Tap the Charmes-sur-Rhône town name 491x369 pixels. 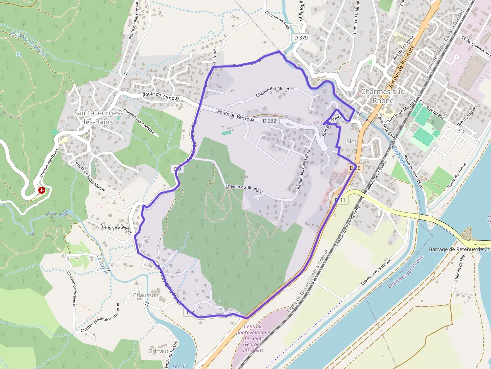tap(383, 96)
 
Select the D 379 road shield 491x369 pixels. tap(301, 37)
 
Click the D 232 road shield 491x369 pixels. tap(269, 121)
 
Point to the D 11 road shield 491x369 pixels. tap(340, 200)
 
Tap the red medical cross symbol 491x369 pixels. tap(42, 190)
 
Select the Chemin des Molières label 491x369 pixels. tap(274, 91)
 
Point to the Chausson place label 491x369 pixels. tap(146, 295)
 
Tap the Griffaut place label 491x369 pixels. tap(158, 351)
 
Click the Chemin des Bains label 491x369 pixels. tap(49, 165)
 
